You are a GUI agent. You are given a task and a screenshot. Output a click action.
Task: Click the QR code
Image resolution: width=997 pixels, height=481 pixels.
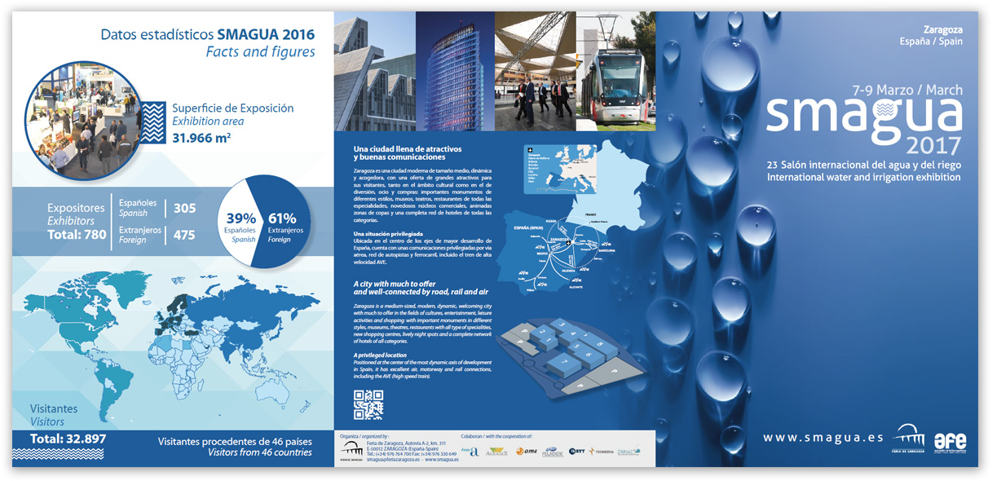coord(368,405)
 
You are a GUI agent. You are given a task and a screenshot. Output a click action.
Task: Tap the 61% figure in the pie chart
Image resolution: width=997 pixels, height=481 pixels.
coord(282,218)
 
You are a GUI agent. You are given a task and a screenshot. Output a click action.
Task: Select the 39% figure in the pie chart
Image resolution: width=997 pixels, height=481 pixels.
coord(241,218)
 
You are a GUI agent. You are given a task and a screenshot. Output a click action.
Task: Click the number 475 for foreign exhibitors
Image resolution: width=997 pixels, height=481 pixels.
coord(184,235)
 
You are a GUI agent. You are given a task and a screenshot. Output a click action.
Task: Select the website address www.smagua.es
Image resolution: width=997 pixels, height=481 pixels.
coord(823,438)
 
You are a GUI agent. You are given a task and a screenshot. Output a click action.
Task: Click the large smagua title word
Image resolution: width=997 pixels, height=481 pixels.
coord(864,116)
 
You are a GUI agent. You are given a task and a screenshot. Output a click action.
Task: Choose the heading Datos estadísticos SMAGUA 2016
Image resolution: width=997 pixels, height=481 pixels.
coord(207,35)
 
